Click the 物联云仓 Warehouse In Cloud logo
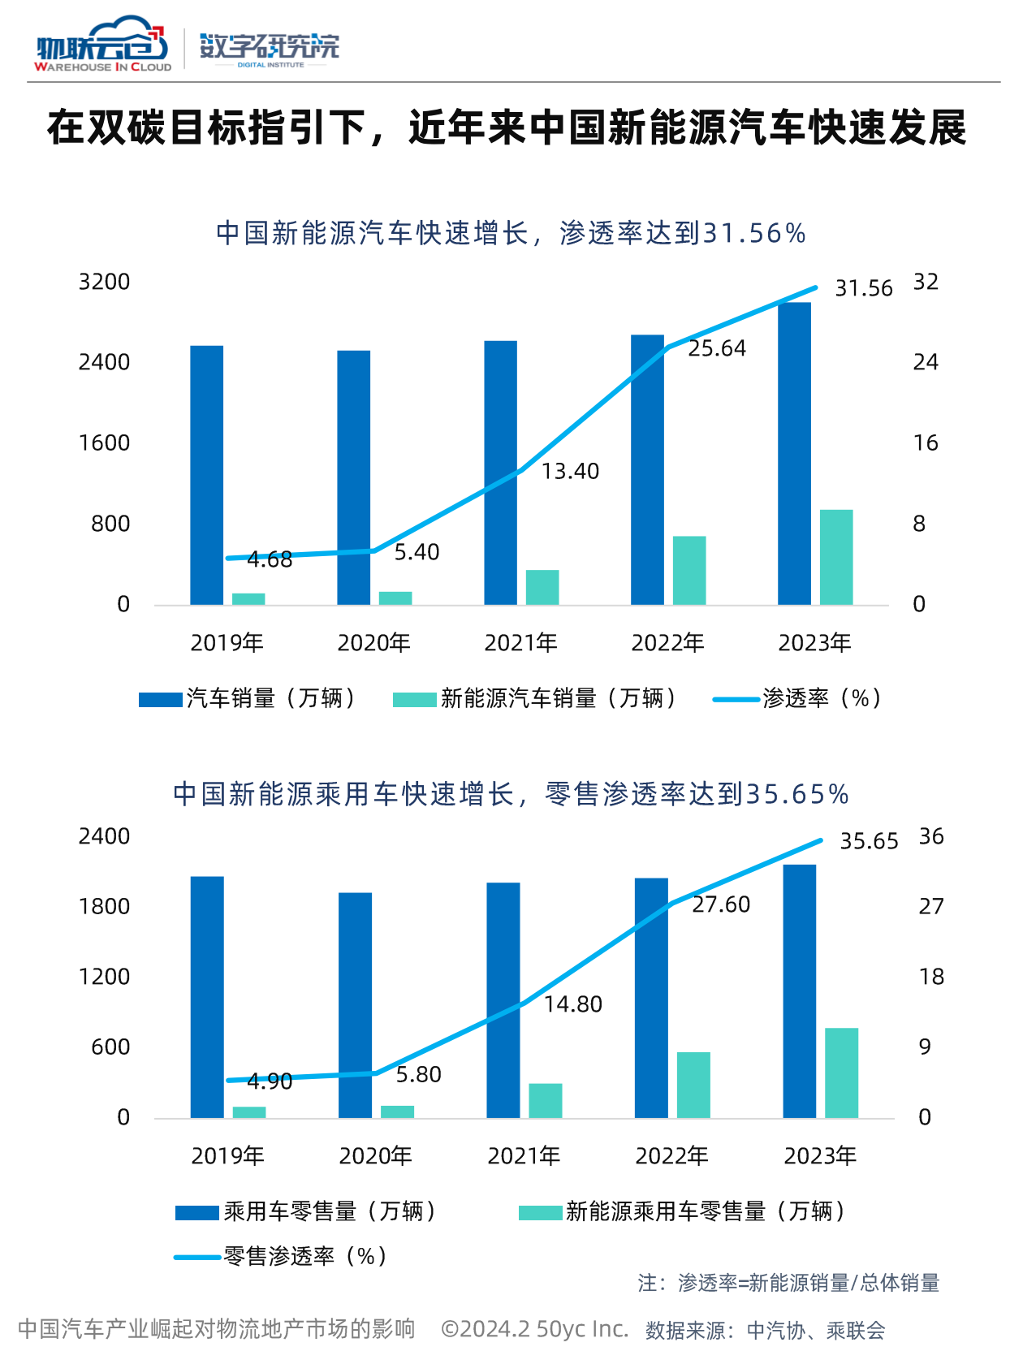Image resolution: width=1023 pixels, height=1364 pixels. (102, 47)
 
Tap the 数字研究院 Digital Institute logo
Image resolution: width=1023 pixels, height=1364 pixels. (270, 49)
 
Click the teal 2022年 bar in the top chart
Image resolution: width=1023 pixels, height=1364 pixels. (689, 570)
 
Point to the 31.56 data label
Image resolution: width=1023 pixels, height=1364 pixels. (864, 289)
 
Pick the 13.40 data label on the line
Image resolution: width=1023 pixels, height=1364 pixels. (570, 472)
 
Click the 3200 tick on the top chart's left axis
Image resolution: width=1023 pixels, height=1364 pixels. (104, 282)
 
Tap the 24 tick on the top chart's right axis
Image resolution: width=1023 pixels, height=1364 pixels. (926, 362)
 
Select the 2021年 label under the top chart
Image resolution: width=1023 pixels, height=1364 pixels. (521, 643)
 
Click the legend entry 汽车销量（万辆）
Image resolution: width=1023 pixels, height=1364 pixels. (248, 698)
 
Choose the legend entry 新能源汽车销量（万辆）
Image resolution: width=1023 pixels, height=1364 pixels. (536, 698)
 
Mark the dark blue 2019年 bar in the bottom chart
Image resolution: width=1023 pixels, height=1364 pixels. (207, 997)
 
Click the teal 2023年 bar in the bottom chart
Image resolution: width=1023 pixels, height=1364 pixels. (842, 1073)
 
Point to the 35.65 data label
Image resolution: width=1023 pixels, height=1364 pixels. (869, 842)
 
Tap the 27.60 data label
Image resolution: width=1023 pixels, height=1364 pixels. (721, 904)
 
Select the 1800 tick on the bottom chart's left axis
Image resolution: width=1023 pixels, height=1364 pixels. (104, 907)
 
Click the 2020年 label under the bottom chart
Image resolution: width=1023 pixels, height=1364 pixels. (376, 1156)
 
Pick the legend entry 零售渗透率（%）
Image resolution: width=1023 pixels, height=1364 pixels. (281, 1257)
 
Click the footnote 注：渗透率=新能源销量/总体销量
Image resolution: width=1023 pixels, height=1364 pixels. (788, 1283)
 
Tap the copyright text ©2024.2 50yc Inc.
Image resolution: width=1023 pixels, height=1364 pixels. (535, 1329)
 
